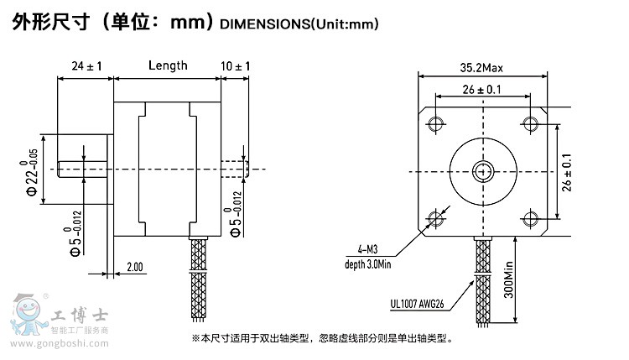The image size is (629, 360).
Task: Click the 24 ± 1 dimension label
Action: tap(86, 65)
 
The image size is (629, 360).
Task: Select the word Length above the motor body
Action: tap(168, 65)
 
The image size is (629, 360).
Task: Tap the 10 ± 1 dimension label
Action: tap(235, 65)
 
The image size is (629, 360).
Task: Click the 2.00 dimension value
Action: tap(135, 267)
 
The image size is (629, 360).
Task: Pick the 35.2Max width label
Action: tap(481, 68)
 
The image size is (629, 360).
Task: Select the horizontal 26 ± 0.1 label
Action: tap(481, 90)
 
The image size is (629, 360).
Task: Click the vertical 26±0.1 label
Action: tap(566, 173)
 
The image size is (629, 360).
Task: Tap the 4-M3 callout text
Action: tap(367, 249)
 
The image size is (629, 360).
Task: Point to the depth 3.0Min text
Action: tap(367, 264)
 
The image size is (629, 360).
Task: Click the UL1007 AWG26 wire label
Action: tap(417, 304)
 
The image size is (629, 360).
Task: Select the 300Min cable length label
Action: tap(509, 279)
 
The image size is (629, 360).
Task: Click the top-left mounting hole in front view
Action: tap(435, 123)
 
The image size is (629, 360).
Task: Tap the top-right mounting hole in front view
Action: tap(530, 123)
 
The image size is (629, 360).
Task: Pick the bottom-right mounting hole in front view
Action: tap(530, 218)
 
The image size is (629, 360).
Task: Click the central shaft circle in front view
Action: tap(483, 172)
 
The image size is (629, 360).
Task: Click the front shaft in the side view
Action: tap(82, 169)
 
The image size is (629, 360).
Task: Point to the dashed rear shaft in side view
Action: tap(235, 169)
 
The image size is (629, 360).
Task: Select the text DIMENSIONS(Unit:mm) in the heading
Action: tap(299, 24)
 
